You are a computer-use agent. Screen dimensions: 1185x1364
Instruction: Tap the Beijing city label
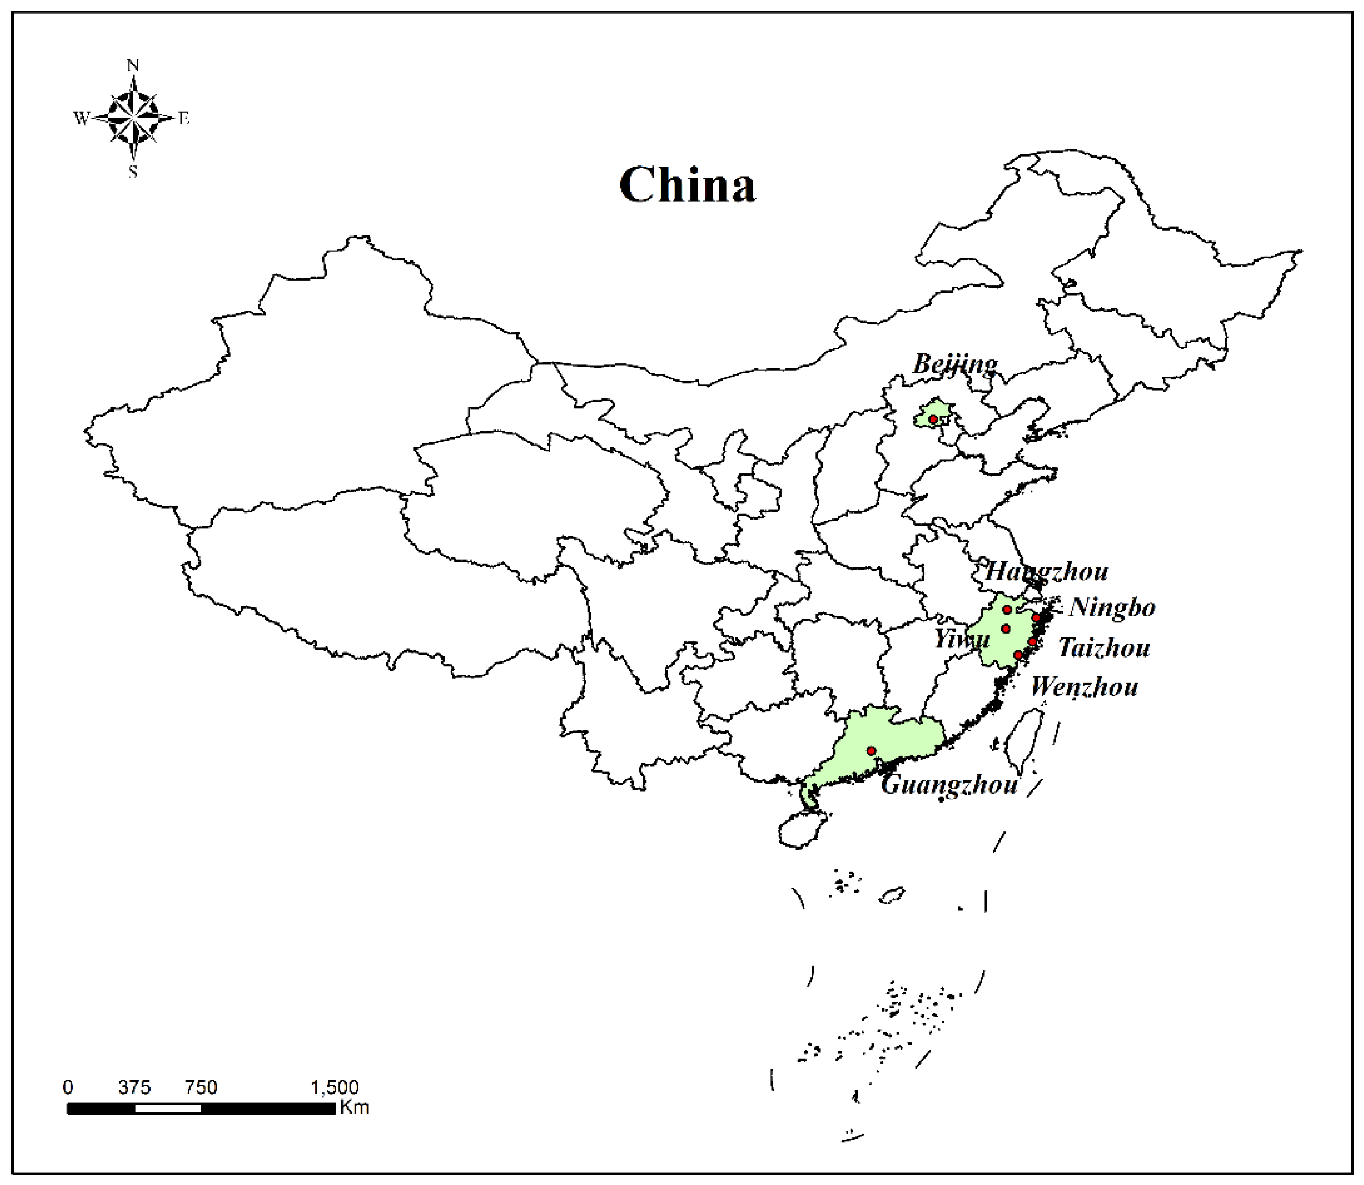coord(955,364)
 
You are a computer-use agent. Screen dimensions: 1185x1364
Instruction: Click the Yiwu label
coord(962,638)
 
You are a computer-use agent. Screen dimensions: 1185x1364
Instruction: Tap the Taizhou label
coord(1104,648)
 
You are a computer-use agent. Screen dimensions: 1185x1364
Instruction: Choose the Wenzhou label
coord(1084,688)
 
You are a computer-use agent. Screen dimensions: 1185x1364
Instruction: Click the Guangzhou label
coord(949,785)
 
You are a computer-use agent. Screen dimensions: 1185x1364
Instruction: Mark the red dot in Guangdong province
coord(871,751)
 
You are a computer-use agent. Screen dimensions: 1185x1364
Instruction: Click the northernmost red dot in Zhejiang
coord(1007,610)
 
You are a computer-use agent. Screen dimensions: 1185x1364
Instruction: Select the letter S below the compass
coord(133,172)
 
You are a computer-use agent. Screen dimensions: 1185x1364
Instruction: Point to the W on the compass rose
coord(81,119)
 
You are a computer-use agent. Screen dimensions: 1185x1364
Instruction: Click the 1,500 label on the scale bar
coord(335,1087)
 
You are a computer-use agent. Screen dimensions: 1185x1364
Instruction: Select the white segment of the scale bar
coord(168,1108)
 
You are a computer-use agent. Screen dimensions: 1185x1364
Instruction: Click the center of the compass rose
coord(133,119)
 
